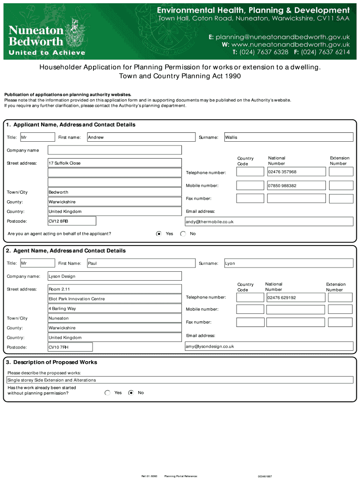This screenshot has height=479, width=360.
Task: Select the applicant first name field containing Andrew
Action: (x=141, y=137)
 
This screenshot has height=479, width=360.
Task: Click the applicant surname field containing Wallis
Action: (x=288, y=137)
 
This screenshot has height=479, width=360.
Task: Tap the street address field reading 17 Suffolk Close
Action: (x=115, y=163)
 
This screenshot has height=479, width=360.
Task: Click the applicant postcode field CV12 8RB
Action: (x=72, y=221)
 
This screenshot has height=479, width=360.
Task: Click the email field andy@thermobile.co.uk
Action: (x=269, y=221)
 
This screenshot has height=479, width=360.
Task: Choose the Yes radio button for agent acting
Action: (x=159, y=233)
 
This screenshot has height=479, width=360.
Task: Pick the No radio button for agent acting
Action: (x=183, y=233)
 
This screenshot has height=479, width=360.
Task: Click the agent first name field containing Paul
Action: (x=141, y=263)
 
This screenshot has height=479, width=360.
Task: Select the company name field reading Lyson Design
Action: (x=115, y=276)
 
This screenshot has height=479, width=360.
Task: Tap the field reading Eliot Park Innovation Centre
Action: (x=115, y=298)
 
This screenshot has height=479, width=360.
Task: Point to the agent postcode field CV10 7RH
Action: (x=70, y=347)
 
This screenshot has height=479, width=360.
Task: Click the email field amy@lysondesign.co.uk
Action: (x=269, y=346)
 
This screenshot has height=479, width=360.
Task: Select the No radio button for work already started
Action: (x=131, y=393)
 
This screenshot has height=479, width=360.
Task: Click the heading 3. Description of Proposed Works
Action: (x=51, y=362)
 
